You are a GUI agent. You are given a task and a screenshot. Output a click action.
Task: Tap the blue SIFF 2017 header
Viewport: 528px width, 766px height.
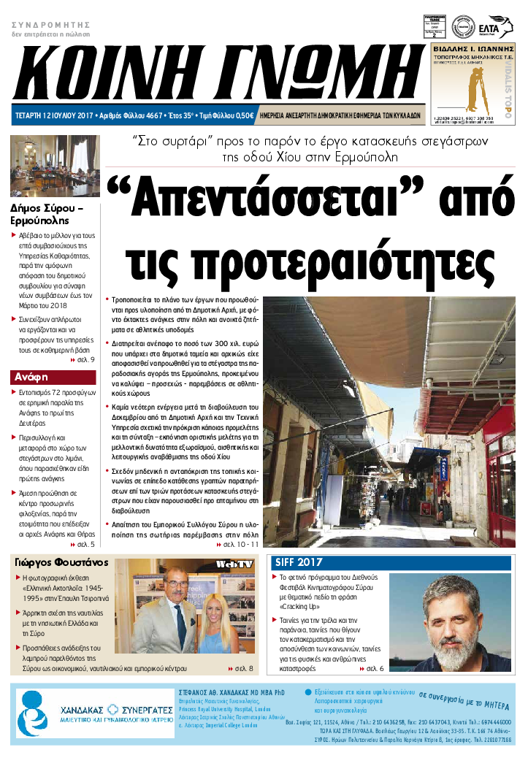299,562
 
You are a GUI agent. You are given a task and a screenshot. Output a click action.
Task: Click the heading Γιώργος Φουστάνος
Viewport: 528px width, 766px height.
61,563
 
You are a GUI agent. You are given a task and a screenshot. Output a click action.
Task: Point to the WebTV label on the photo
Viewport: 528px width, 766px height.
234,564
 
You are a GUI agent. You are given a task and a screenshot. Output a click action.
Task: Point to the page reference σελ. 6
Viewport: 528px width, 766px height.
375,668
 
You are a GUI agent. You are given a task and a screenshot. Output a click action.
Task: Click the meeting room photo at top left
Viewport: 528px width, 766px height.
54,166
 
